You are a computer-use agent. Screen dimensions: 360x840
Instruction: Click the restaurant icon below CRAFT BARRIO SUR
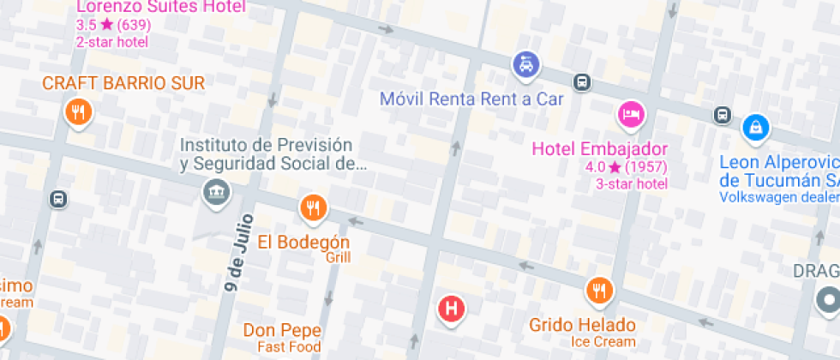[x=78, y=111]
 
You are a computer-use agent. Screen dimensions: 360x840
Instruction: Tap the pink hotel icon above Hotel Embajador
[x=631, y=113]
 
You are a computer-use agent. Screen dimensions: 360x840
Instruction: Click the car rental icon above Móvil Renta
[x=525, y=63]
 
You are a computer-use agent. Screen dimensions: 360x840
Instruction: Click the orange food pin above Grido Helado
[x=599, y=291]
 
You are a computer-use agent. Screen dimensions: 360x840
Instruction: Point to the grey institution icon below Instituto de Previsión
[x=214, y=191]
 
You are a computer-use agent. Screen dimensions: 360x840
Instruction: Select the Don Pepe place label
[x=282, y=330]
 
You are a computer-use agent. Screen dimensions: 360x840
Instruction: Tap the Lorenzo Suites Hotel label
[x=161, y=8]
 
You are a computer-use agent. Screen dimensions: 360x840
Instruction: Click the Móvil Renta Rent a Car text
[x=471, y=99]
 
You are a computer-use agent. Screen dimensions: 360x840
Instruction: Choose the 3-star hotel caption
[x=632, y=183]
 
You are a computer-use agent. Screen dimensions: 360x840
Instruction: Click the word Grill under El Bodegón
[x=338, y=258]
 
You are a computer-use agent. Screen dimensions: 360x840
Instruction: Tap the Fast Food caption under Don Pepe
[x=289, y=347]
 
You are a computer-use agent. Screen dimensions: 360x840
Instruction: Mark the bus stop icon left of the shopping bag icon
[x=723, y=115]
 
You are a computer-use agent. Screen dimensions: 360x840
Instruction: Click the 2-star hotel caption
[x=112, y=41]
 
